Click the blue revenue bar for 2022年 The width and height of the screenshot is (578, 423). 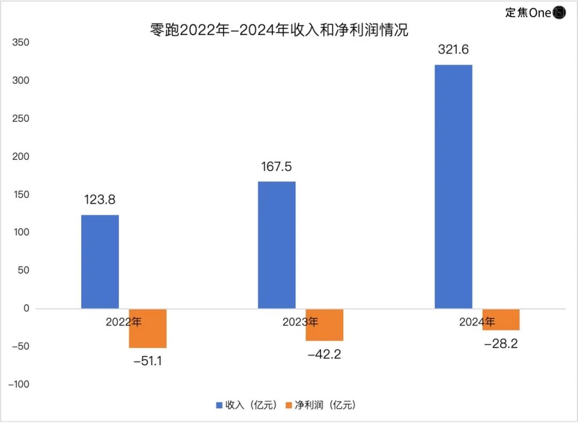pos(100,262)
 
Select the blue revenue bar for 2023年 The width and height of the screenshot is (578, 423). pos(277,245)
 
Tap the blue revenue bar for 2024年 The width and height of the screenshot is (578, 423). pos(453,187)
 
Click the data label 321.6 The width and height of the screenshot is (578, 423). pos(453,50)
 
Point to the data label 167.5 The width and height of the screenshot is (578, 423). pos(277,167)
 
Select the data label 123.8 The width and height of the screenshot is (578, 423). pos(100,200)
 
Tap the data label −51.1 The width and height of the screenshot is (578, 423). pos(148,361)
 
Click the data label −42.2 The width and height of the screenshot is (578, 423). pos(324,354)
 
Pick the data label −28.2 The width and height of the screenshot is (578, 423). pos(501,344)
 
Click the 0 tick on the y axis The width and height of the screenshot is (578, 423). pos(26,309)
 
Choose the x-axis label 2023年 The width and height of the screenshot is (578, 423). pos(300,322)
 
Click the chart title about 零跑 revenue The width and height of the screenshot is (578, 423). pos(279,30)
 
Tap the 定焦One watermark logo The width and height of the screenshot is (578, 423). pos(535,12)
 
